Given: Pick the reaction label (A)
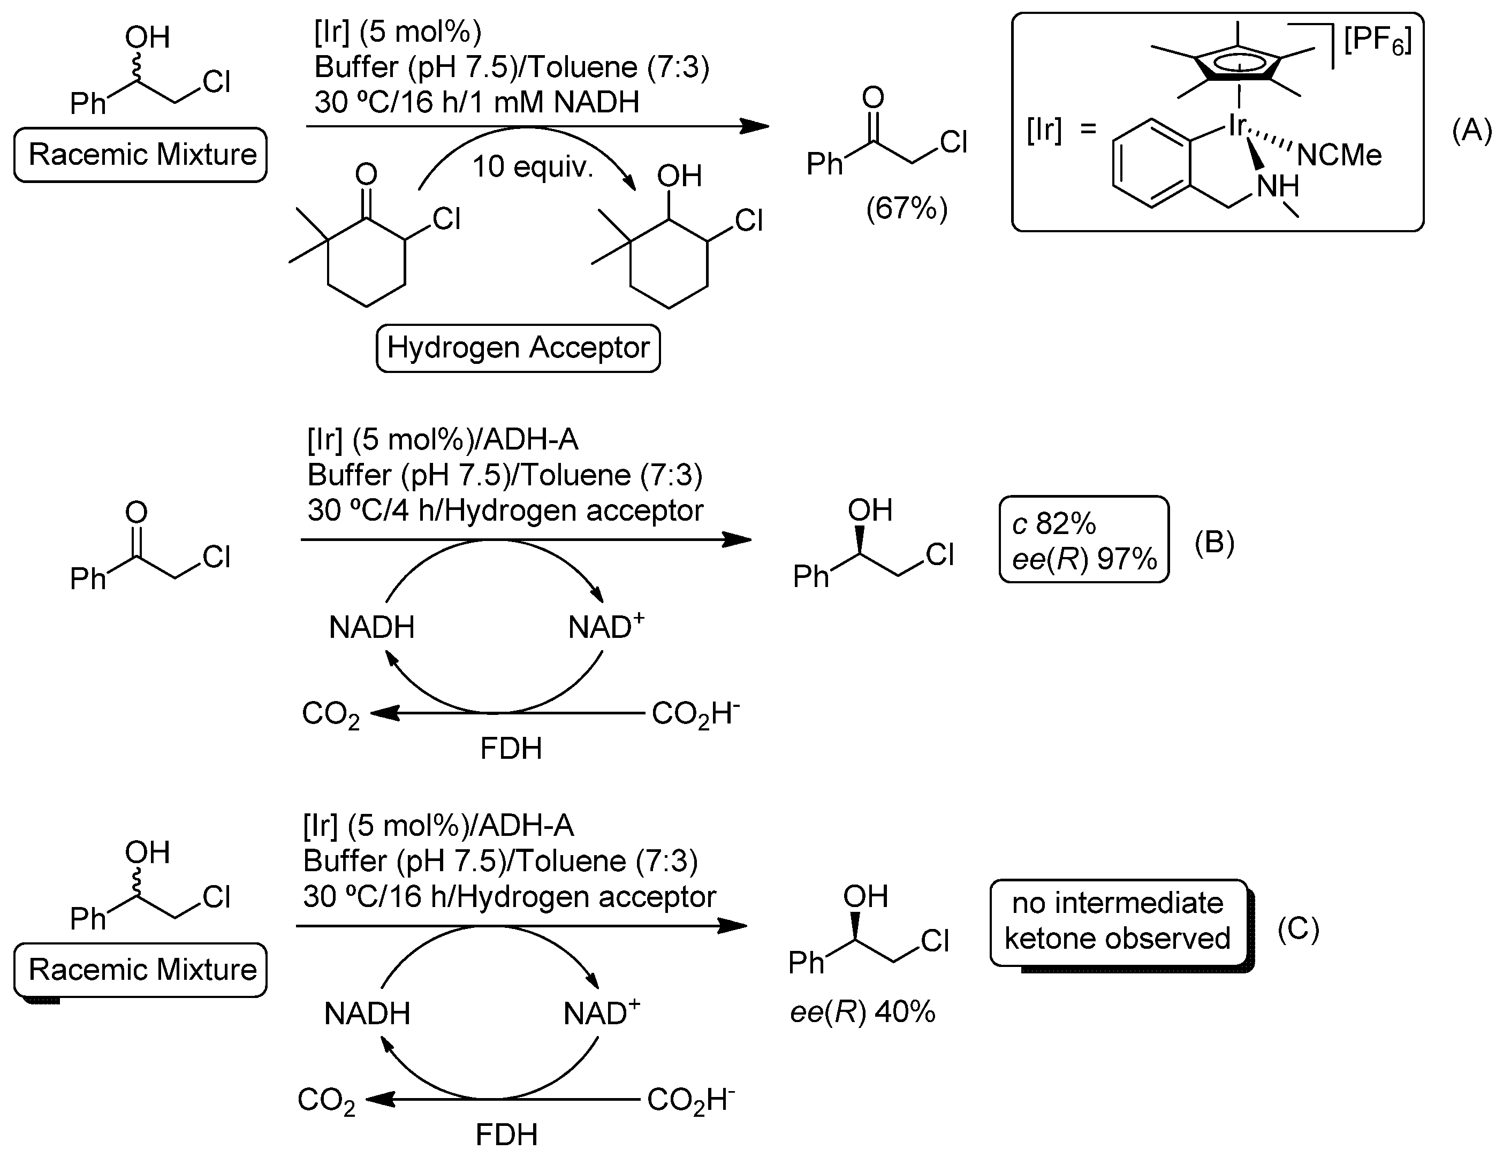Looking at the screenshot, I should pos(1471,130).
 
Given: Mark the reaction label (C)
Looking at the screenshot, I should pos(1298,930).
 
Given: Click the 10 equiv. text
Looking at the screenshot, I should pos(533,166).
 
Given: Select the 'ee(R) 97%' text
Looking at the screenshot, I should pos(1084,559).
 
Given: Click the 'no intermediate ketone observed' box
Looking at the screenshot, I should pos(1118,921).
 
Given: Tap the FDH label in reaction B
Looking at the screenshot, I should pos(511,749).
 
